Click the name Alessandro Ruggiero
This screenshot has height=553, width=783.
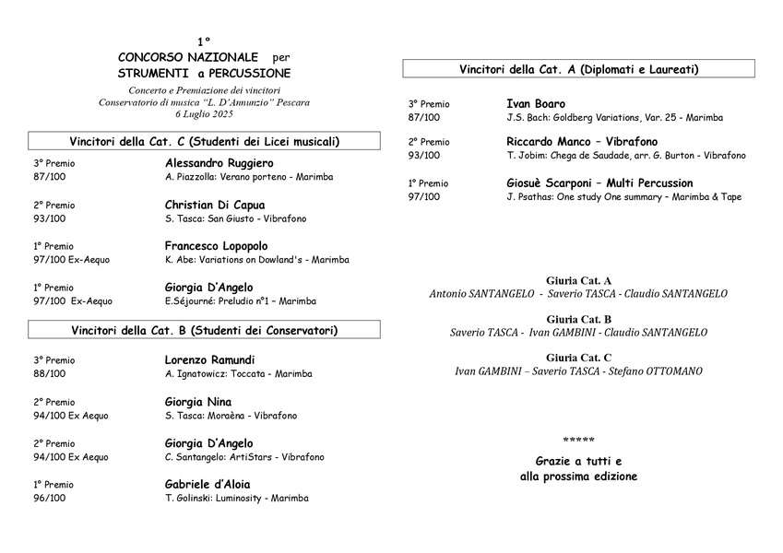[x=219, y=163]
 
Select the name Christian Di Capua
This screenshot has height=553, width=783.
[x=215, y=205]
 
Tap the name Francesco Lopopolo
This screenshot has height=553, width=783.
[x=216, y=246]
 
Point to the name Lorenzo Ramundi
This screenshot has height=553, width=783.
[x=209, y=359]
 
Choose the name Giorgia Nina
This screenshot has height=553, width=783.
[x=198, y=402]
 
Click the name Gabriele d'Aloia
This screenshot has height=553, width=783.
[x=208, y=484]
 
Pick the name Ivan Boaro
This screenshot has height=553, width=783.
[x=536, y=104]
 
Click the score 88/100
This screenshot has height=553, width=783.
[x=49, y=374]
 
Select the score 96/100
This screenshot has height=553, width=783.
[x=49, y=498]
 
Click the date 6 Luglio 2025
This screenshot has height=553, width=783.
[x=204, y=114]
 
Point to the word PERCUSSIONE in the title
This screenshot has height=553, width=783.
[x=251, y=73]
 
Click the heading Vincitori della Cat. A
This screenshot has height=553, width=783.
[x=578, y=69]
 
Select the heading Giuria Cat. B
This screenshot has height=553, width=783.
[x=578, y=319]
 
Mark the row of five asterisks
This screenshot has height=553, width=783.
[x=578, y=441]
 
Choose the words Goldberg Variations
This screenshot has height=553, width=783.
[x=599, y=118]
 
